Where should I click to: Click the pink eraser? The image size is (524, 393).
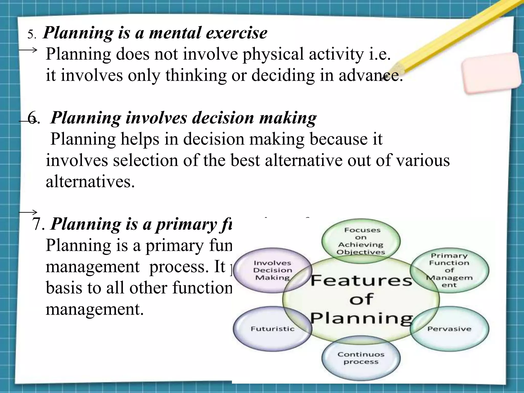tap(491, 73)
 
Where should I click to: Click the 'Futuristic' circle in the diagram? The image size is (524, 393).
tap(272, 329)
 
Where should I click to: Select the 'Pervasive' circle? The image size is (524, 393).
tap(449, 329)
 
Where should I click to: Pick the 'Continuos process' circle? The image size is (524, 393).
tap(361, 358)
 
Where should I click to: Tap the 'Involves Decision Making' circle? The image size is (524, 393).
tap(272, 270)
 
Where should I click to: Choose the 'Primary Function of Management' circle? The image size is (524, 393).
tap(449, 270)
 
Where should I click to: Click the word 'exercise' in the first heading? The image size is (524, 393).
tap(237, 33)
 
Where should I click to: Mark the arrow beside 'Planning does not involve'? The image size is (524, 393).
tap(28, 50)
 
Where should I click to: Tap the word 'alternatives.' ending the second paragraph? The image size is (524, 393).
tap(90, 182)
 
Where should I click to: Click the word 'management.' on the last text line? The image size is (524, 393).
tap(95, 309)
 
